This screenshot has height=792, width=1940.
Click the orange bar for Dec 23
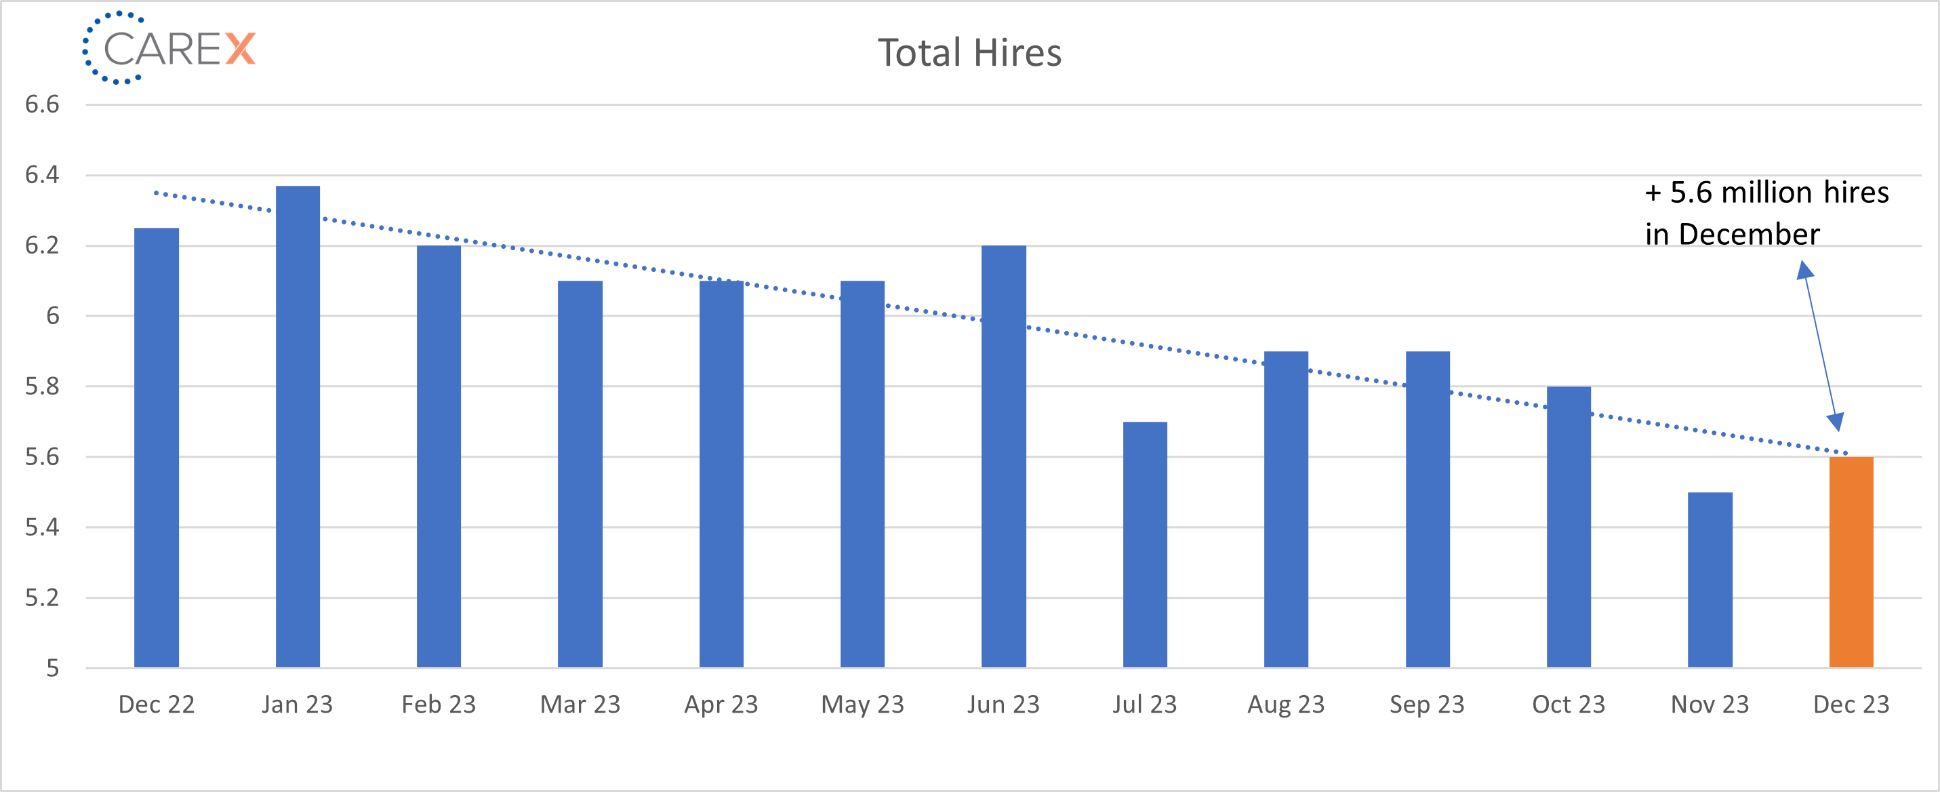point(1851,561)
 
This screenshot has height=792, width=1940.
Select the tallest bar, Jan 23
point(298,426)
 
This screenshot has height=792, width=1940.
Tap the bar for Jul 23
point(1145,544)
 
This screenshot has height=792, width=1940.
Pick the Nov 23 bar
point(1710,580)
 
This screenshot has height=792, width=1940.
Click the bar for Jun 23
point(1003,456)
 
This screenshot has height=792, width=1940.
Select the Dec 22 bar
point(157,447)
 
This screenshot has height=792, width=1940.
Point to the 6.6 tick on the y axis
point(42,104)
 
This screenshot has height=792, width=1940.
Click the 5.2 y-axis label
point(42,597)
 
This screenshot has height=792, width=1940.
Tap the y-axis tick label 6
point(52,316)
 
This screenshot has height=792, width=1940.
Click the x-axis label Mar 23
point(580,704)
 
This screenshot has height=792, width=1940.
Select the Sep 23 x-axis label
point(1427,704)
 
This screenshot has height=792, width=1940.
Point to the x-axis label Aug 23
point(1286,704)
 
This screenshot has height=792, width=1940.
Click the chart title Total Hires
point(969,53)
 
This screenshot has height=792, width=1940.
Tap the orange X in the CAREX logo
point(240,49)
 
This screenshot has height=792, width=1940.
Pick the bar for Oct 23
point(1569,527)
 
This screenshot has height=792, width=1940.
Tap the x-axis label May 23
point(862,704)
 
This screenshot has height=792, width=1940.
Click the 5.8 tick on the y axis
point(42,387)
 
